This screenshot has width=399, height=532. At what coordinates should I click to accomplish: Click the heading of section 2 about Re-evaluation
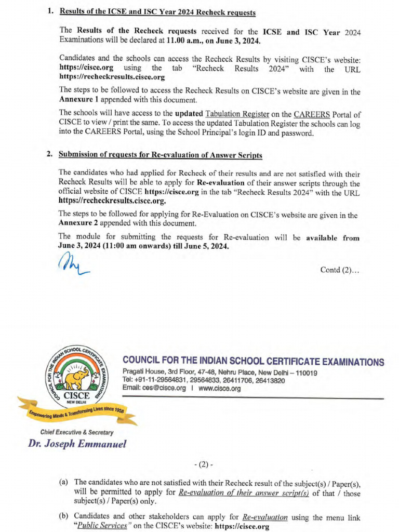click(x=161, y=155)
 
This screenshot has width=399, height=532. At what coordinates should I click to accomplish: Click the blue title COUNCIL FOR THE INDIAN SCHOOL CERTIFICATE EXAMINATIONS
click(x=254, y=362)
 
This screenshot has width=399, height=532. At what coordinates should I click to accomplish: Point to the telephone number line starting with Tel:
click(x=203, y=380)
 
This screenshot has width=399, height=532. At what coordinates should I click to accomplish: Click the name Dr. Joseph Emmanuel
click(x=77, y=444)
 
